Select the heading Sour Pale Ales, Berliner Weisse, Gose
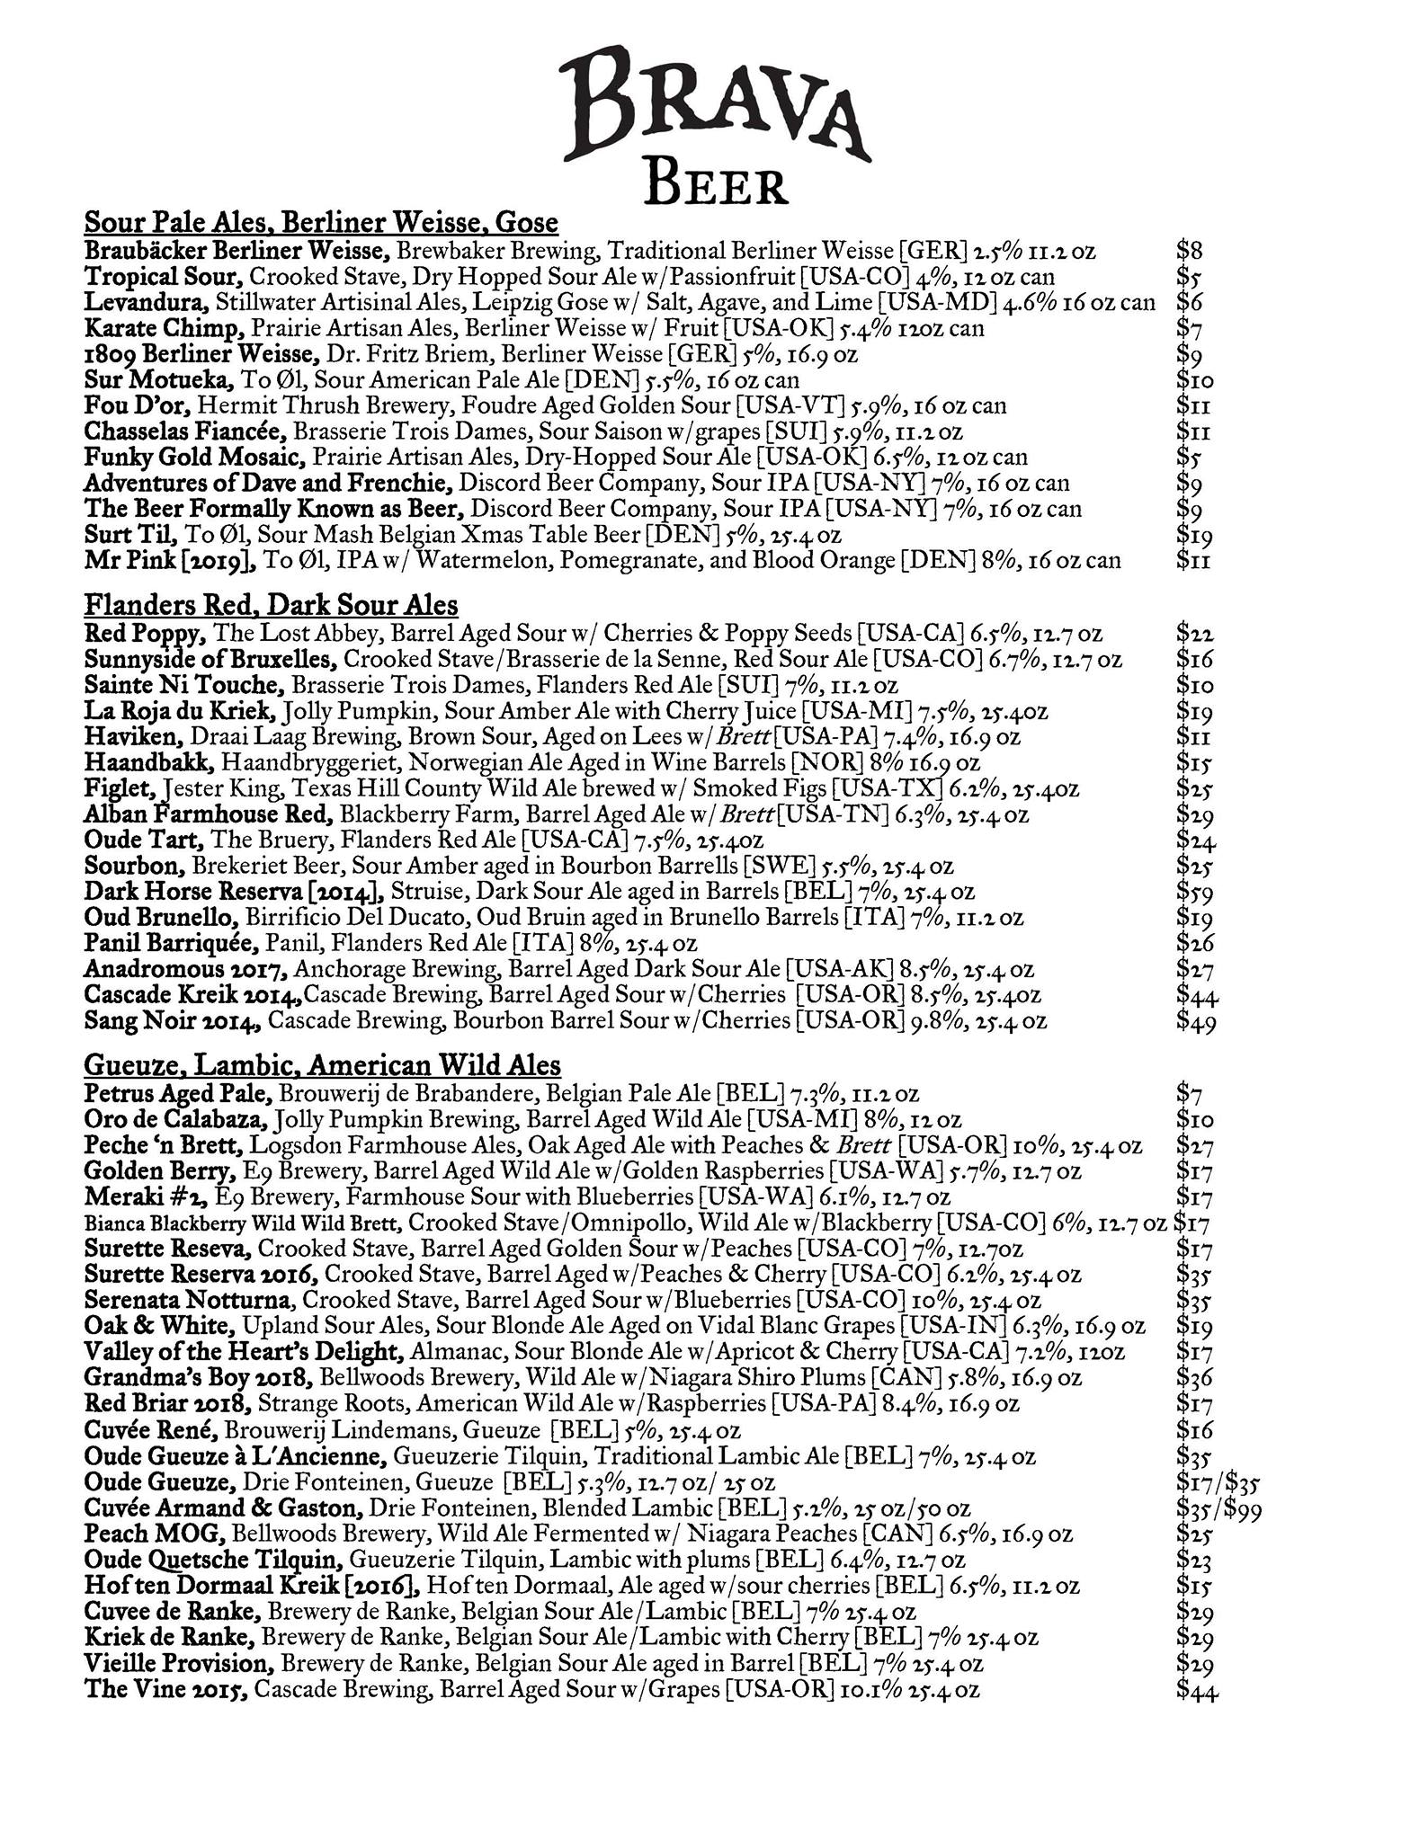(321, 223)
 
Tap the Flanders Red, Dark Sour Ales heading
(271, 604)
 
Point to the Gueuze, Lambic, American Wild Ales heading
(322, 1065)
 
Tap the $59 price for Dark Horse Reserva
(1195, 894)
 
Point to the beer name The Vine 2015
(165, 1690)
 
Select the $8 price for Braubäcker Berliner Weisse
(1189, 251)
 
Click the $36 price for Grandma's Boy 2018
(1195, 1379)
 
